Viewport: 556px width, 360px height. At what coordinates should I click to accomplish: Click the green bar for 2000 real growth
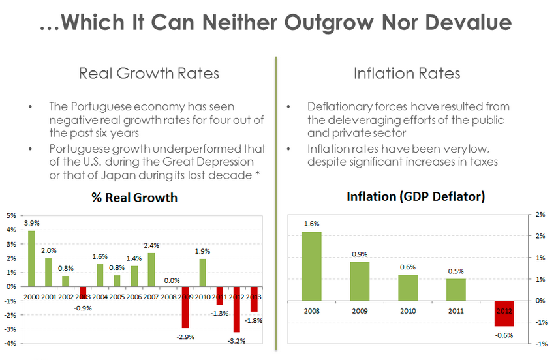click(31, 258)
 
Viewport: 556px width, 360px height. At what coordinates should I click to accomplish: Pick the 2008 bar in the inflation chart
click(311, 266)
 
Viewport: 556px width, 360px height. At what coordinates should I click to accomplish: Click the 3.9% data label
click(31, 224)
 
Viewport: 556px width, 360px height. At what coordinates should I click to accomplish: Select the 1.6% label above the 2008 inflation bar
click(311, 224)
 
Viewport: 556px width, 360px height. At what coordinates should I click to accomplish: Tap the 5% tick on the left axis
click(11, 215)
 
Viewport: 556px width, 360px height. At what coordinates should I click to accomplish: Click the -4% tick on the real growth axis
click(11, 342)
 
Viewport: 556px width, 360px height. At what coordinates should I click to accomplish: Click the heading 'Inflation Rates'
click(407, 73)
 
